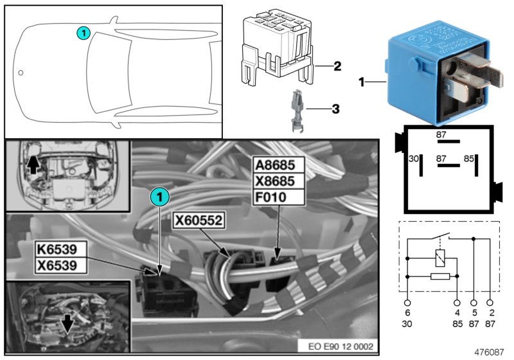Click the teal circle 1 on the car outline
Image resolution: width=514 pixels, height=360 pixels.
tap(84, 32)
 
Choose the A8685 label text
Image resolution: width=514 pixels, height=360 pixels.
tap(279, 164)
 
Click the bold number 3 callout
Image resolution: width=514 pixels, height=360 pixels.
tap(335, 109)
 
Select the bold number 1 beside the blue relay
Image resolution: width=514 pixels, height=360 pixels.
tap(362, 82)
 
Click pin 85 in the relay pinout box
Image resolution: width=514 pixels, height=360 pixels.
tap(469, 157)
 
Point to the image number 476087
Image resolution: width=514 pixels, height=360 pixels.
tap(490, 352)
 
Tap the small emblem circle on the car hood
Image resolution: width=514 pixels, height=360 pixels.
tap(21, 73)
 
